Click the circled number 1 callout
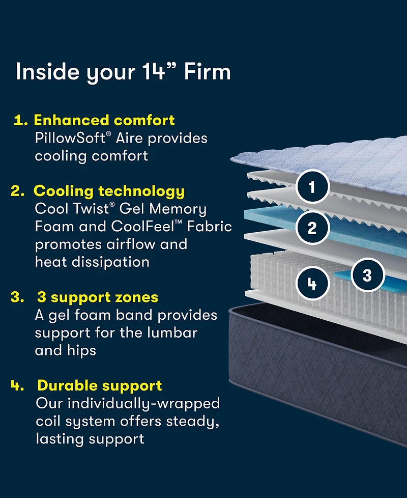[x=312, y=187]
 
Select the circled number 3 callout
[x=367, y=275]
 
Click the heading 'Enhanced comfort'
[x=104, y=120]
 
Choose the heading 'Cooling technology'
[x=109, y=191]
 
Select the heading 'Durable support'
[x=99, y=385]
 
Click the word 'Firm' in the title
[x=208, y=72]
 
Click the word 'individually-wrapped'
[x=144, y=404]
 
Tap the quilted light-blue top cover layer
[x=326, y=163]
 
